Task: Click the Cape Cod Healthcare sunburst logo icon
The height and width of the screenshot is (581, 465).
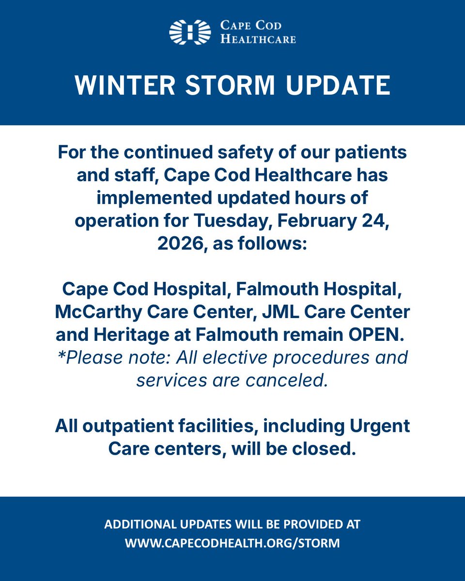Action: [x=190, y=32]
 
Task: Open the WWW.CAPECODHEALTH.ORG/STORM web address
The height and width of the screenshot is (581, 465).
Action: [x=232, y=543]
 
